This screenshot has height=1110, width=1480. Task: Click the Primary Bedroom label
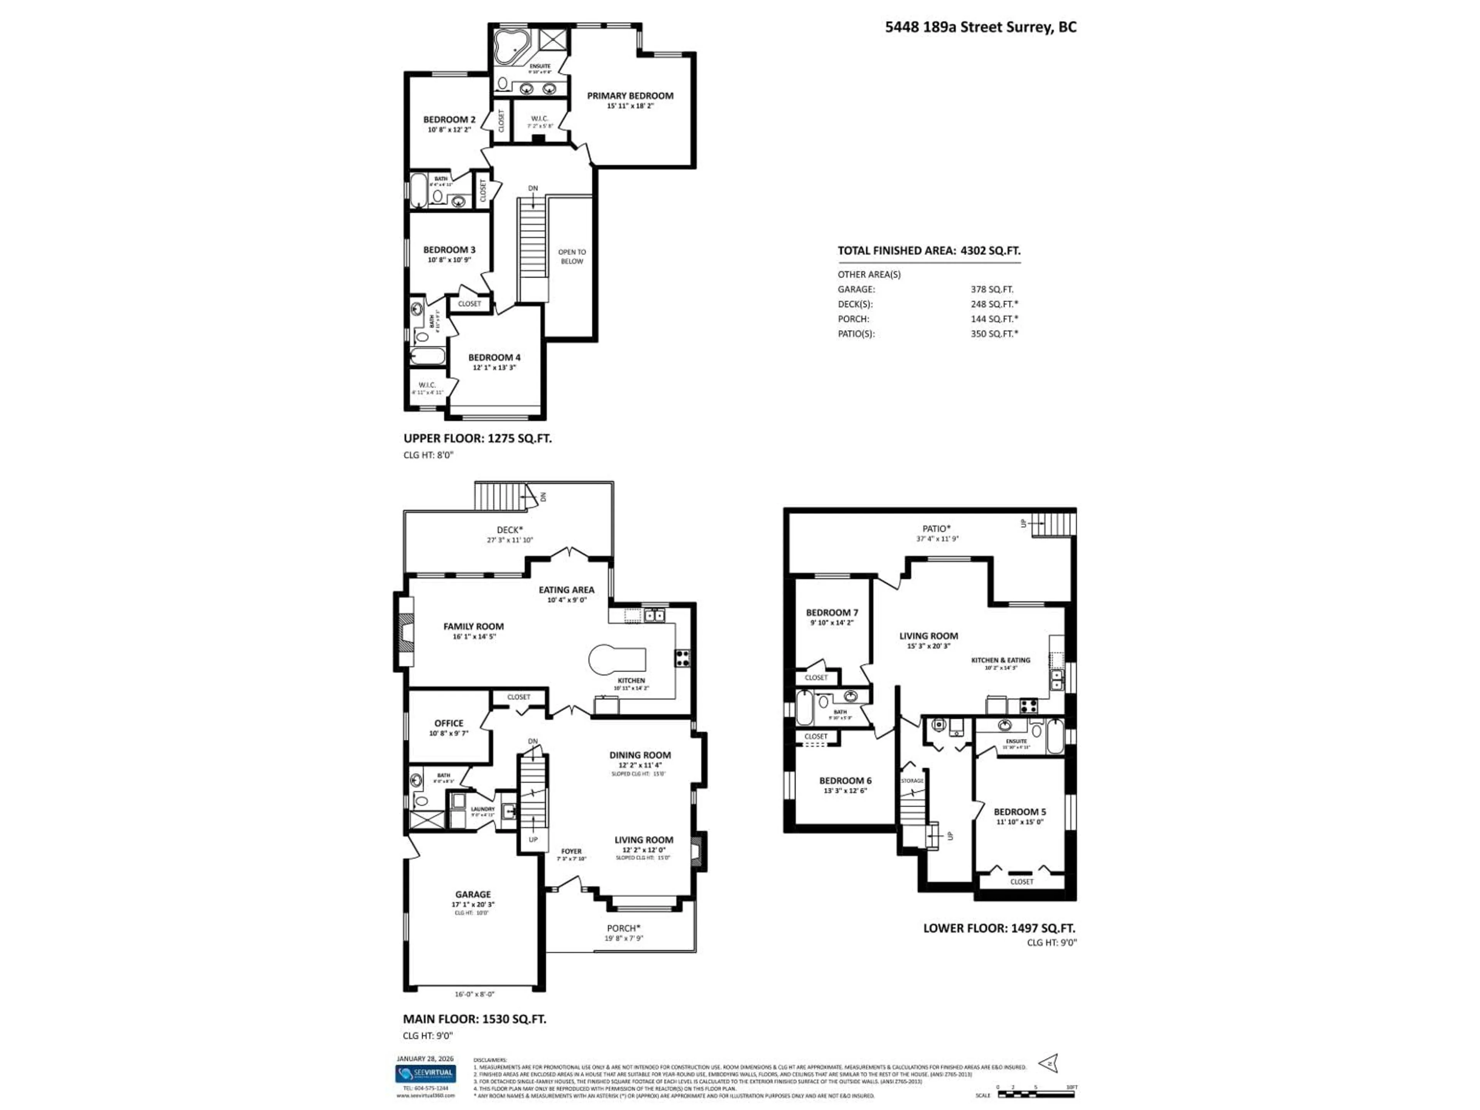(x=630, y=96)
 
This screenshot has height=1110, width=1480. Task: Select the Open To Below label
(x=572, y=256)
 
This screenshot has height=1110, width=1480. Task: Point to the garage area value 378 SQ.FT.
(x=992, y=289)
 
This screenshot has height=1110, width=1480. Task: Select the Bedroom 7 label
(x=832, y=612)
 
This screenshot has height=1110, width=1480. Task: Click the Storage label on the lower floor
(x=912, y=781)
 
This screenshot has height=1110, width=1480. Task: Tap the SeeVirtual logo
(x=425, y=1093)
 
